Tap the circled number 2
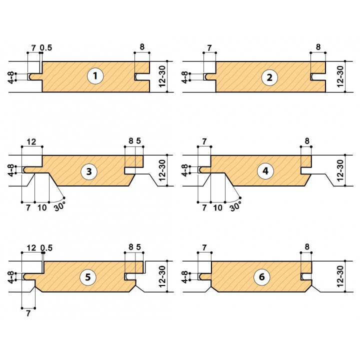tap(269, 76)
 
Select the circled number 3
tap(88, 172)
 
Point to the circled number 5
tap(88, 277)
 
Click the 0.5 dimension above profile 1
tap(46, 48)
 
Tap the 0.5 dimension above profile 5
tap(46, 248)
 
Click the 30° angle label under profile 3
tap(59, 204)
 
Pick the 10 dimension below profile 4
tap(218, 206)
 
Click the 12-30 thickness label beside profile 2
tap(341, 76)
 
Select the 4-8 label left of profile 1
tap(11, 76)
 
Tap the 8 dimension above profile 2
tap(318, 48)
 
